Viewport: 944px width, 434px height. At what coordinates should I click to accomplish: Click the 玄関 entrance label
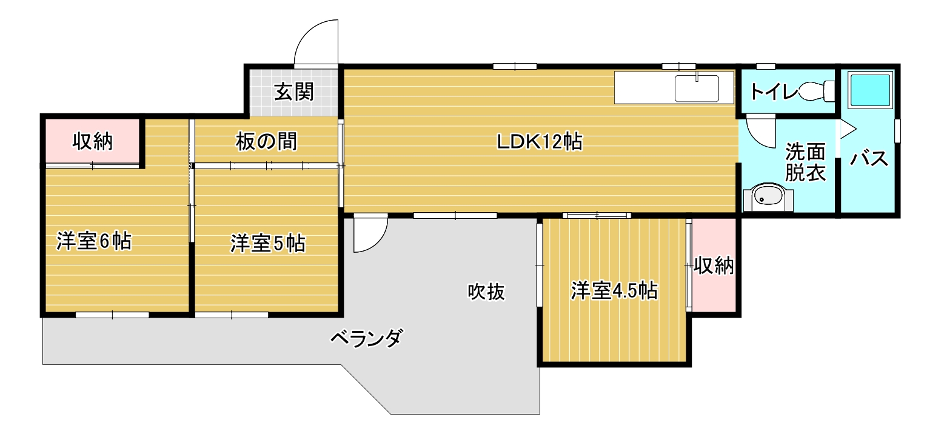[294, 92]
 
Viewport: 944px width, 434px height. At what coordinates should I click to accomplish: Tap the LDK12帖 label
[540, 142]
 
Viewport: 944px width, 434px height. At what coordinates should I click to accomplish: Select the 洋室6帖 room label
[94, 241]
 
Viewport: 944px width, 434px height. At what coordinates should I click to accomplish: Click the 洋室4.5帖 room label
[614, 291]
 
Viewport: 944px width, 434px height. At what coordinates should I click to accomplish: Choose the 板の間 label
[266, 142]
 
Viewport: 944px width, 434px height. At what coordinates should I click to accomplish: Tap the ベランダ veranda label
[366, 338]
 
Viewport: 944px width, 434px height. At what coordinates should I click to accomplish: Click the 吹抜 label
[486, 292]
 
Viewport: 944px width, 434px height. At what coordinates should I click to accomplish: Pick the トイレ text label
[773, 92]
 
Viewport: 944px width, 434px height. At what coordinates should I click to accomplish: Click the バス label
[869, 159]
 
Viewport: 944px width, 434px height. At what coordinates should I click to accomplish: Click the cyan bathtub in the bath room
[869, 91]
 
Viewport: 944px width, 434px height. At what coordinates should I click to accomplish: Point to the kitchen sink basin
[697, 88]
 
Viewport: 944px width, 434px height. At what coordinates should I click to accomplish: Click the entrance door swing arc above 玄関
[315, 41]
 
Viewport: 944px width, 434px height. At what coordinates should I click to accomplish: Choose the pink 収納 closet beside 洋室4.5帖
[714, 265]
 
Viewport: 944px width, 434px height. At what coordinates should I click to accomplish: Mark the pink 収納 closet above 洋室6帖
[93, 141]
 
